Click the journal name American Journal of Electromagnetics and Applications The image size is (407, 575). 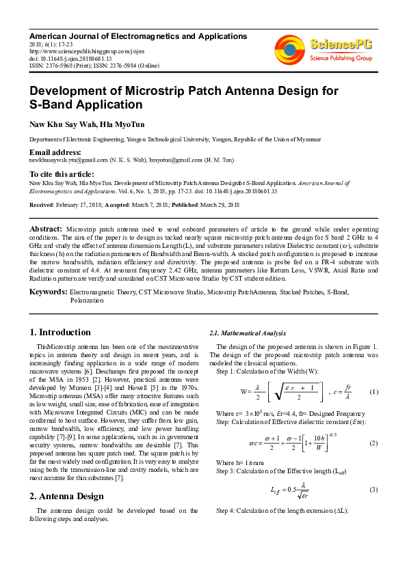click(134, 35)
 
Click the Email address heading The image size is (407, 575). click(55, 152)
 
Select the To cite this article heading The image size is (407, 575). click(62, 175)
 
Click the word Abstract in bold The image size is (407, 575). click(46, 227)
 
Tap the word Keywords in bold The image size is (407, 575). click(48, 292)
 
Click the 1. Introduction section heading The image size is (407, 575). click(61, 333)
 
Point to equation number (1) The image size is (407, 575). click(373, 393)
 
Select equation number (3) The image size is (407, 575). click(373, 490)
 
